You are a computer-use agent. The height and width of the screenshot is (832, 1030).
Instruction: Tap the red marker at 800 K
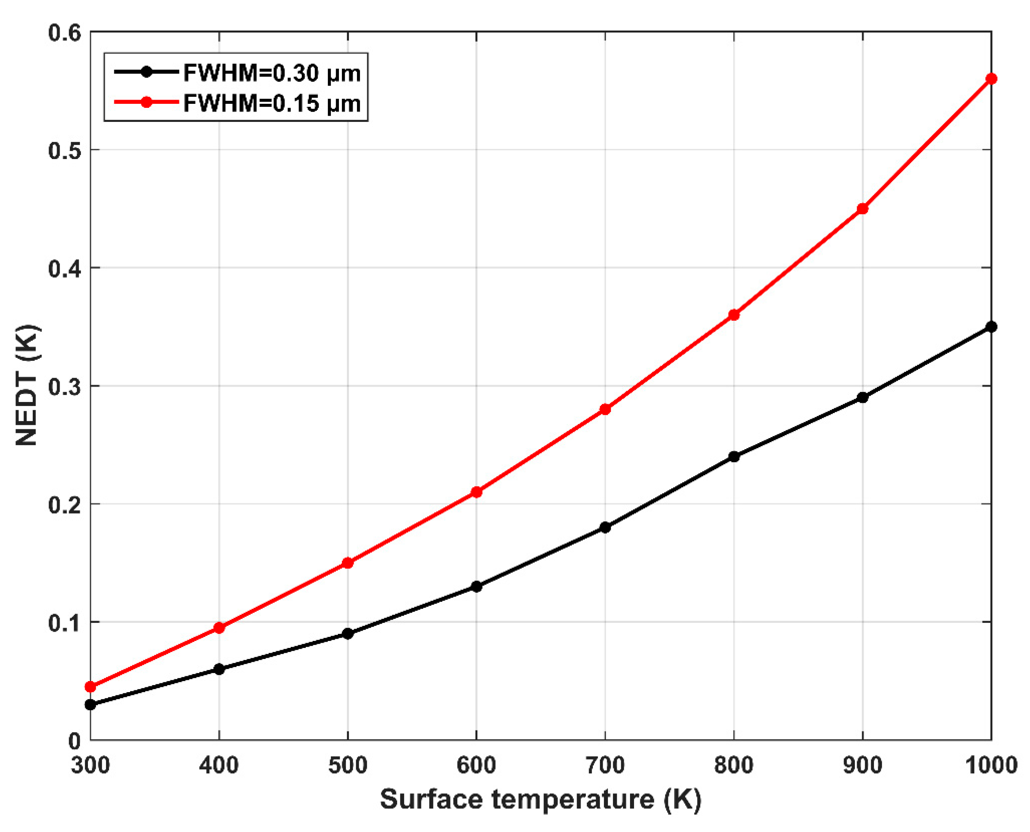point(733,315)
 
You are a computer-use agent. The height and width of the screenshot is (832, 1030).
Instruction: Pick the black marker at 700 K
point(605,527)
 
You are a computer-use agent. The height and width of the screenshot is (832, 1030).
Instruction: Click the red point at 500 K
point(348,563)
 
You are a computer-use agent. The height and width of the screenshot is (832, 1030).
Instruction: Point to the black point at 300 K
point(91,705)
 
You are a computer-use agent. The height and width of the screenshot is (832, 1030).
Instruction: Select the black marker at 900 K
point(862,397)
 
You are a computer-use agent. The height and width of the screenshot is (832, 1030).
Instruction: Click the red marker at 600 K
point(476,492)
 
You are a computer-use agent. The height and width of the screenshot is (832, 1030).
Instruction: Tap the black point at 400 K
point(219,669)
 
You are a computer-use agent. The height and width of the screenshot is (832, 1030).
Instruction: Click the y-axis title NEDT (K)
point(27,385)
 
